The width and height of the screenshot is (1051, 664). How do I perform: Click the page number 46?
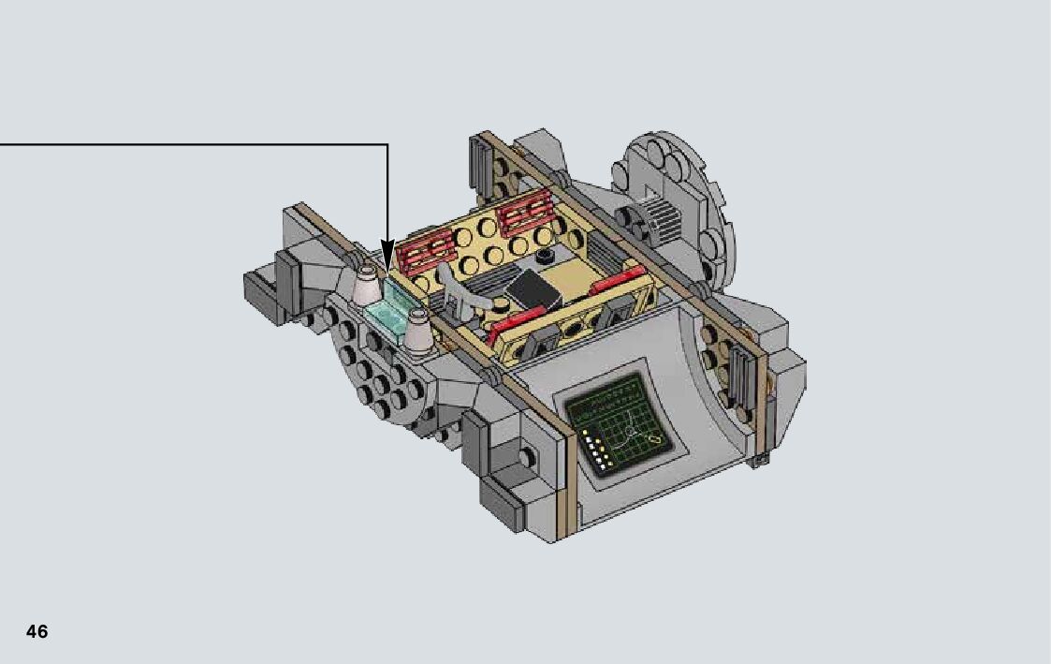click(x=36, y=631)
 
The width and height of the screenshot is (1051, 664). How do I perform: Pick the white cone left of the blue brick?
click(x=366, y=287)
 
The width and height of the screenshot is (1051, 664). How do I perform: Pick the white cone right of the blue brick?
click(x=419, y=332)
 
